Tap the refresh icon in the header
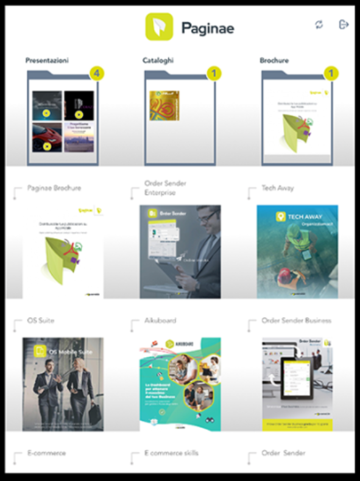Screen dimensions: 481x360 tap(319, 24)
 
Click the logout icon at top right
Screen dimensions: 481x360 tap(343, 24)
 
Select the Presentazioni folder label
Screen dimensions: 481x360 tap(47, 61)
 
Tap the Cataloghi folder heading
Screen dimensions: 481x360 tap(157, 61)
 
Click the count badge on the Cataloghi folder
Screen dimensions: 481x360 tap(213, 74)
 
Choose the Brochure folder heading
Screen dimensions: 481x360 tap(274, 61)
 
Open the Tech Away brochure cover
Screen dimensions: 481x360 tap(297, 251)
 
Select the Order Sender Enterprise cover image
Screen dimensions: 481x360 tap(180, 251)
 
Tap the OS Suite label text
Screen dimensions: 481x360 tap(41, 320)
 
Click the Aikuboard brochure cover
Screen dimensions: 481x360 tap(180, 384)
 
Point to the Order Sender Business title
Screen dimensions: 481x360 tap(296, 320)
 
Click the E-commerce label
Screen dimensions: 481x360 tap(47, 453)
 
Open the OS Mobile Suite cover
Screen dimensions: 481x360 tap(63, 384)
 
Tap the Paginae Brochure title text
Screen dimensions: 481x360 tap(54, 188)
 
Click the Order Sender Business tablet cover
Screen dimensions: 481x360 tap(297, 384)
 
